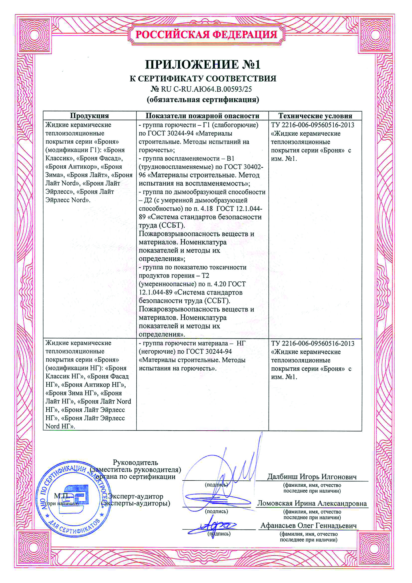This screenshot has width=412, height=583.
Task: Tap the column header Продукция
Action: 89,116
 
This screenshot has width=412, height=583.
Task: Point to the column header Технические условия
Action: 315,116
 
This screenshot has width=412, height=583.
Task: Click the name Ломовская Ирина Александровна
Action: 312,503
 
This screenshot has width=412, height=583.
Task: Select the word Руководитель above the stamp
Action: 135,462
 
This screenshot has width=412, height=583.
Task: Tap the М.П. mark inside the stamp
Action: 61,496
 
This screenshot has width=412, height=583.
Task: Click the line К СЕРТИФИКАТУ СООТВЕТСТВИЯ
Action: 203,78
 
